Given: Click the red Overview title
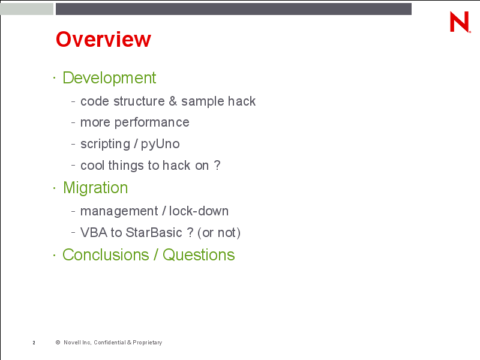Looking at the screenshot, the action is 103,39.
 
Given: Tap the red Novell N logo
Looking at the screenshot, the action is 460,22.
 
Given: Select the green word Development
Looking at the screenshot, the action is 109,78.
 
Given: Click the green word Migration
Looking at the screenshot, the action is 95,187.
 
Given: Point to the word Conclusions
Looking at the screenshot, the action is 106,254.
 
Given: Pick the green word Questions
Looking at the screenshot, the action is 199,254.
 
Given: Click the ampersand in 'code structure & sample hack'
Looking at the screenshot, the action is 173,101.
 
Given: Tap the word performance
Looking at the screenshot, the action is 152,123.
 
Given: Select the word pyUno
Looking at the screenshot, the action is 160,144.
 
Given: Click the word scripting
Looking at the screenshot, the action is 106,144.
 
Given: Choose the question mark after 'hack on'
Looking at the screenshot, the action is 217,166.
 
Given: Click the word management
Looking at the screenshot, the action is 119,212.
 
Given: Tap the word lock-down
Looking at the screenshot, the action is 199,211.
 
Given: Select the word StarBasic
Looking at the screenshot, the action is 154,233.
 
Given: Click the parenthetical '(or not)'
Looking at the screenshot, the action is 219,233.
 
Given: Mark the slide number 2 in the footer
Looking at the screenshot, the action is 34,343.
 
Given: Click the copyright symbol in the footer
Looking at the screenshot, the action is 58,343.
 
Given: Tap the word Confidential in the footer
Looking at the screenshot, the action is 110,343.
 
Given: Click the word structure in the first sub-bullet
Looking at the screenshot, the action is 139,101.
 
